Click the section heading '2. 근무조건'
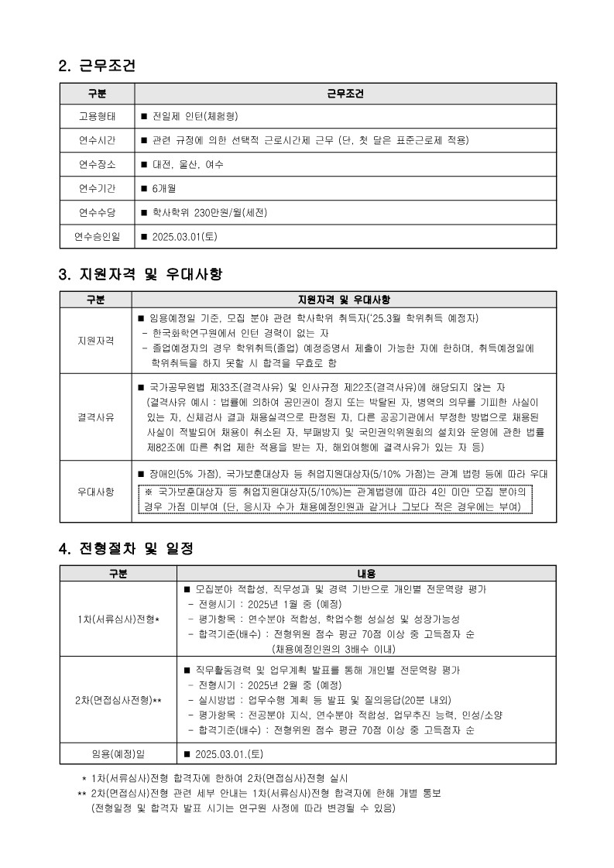coord(97,67)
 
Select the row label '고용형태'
coord(97,116)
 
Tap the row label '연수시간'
coord(97,140)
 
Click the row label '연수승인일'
coord(97,237)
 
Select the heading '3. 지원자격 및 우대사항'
coord(140,274)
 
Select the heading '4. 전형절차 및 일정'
coord(125,548)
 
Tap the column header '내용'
coord(366,574)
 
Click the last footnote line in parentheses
coord(243,808)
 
